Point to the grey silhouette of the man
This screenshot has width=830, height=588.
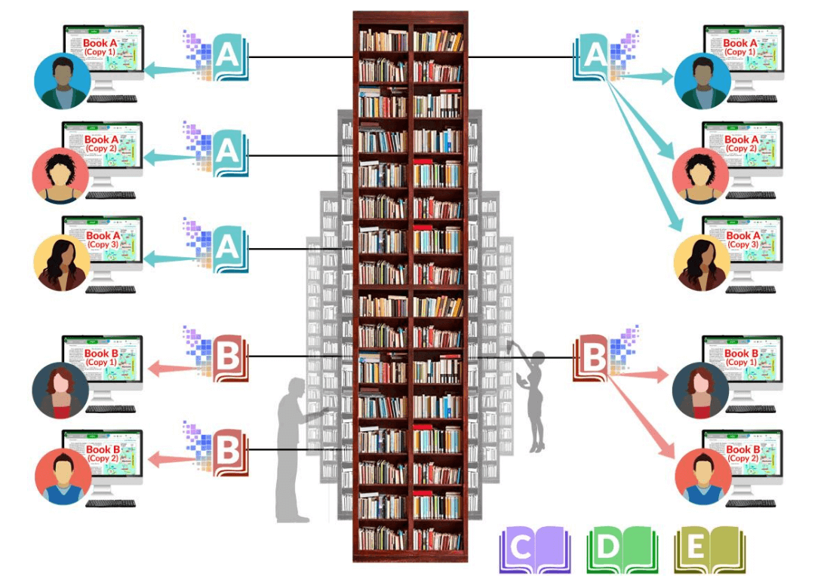pos(294,452)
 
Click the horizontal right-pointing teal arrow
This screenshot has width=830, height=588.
pos(645,75)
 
